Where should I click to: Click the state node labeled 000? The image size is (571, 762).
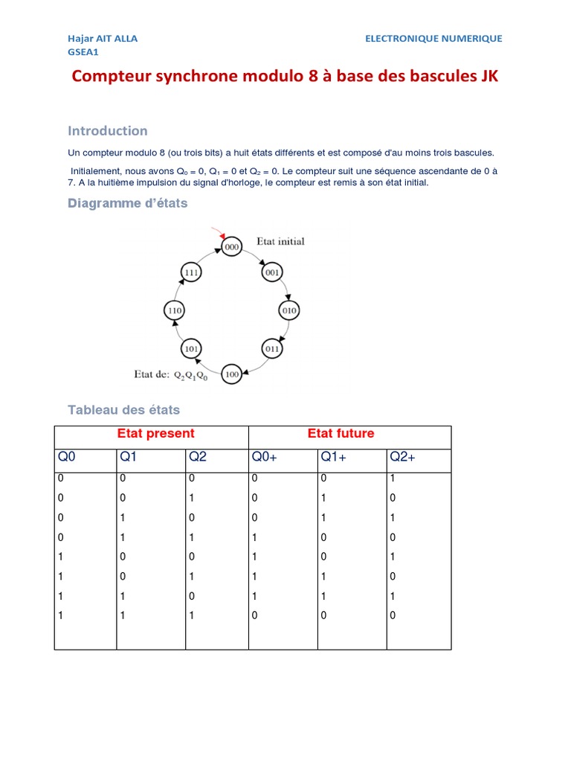(x=232, y=247)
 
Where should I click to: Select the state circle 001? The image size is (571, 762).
(x=271, y=273)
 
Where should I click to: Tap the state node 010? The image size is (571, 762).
(x=288, y=310)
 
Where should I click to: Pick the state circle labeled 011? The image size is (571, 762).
(x=272, y=348)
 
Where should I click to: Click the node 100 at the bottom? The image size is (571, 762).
(x=232, y=374)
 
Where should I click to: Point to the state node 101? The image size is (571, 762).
(x=191, y=348)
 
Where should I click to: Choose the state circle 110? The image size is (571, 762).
(x=174, y=310)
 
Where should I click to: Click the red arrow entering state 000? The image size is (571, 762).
(x=217, y=233)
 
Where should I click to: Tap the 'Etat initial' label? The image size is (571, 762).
(x=280, y=241)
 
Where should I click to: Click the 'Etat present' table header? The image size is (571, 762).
(x=155, y=434)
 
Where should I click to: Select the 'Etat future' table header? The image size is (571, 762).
(x=341, y=434)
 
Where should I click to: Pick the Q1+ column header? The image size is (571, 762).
(x=332, y=458)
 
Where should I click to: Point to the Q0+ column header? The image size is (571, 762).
(x=264, y=458)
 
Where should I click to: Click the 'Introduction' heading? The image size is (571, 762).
(x=108, y=131)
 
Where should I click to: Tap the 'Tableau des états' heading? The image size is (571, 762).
(x=123, y=410)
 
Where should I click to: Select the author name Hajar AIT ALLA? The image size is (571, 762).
(x=103, y=38)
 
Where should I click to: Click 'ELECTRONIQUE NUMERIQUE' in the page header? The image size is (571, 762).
(x=433, y=38)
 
